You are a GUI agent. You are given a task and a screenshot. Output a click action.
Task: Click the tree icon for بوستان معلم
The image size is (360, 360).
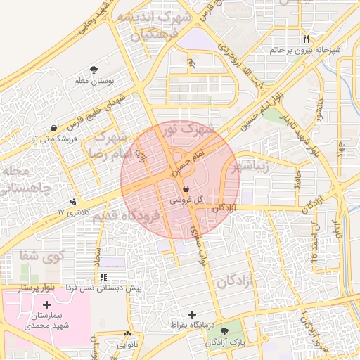click(94, 69)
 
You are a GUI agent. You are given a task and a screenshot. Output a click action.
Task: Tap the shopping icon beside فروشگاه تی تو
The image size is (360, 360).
click(54, 128)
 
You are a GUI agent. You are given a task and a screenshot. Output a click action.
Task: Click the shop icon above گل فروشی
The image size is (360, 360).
click(185, 189)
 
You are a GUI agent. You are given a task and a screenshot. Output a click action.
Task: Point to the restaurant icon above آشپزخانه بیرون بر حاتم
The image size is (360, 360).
click(306, 39)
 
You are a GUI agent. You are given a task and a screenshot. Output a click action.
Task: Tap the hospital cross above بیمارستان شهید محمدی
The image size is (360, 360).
click(46, 304)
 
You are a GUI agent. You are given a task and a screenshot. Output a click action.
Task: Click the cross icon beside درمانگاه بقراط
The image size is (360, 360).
click(193, 314)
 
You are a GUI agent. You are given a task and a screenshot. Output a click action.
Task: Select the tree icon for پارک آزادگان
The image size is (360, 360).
click(224, 330)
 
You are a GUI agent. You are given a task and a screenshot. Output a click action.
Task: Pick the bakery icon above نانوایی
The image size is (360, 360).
click(127, 334)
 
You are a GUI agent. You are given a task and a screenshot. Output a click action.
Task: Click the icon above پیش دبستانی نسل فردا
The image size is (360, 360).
click(104, 278)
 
